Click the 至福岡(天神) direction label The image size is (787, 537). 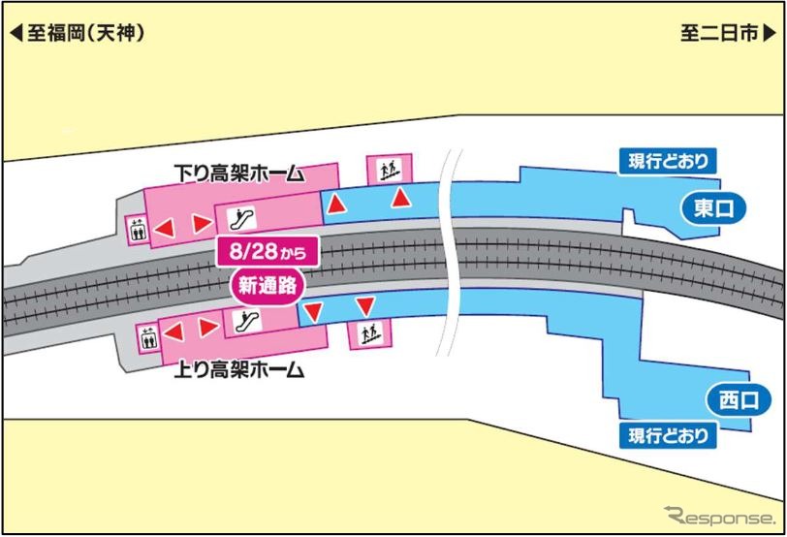click(84, 32)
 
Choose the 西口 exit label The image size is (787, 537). click(726, 396)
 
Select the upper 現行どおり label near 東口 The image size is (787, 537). click(667, 160)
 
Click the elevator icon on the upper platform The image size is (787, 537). click(137, 230)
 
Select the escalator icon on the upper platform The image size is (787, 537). click(233, 212)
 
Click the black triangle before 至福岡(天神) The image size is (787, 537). click(16, 33)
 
